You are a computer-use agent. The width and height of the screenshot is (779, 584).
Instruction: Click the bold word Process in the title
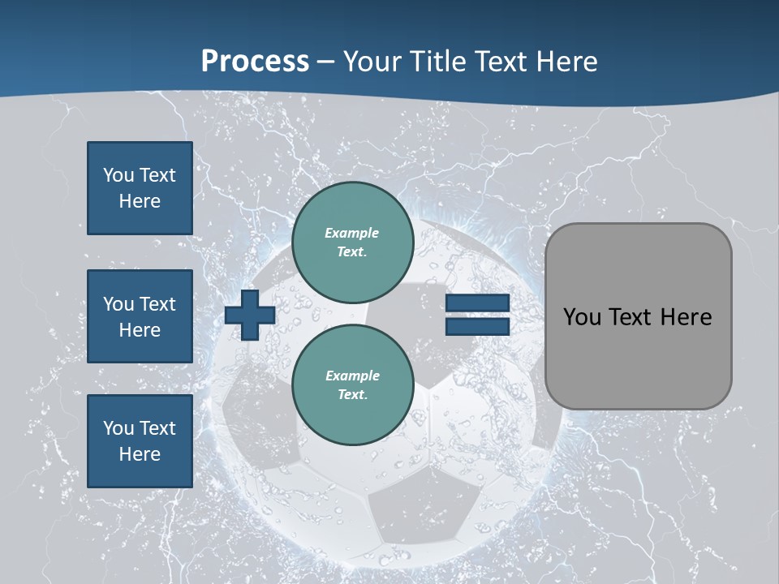pyautogui.click(x=255, y=62)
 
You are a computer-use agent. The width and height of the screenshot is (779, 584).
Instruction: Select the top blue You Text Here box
pyautogui.click(x=140, y=188)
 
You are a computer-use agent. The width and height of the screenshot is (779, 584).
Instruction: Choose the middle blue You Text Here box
pyautogui.click(x=140, y=316)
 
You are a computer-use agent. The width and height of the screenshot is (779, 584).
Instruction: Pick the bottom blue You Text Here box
pyautogui.click(x=140, y=440)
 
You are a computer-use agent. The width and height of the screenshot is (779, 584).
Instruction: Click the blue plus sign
pyautogui.click(x=250, y=315)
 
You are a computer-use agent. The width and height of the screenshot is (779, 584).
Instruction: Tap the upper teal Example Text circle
pyautogui.click(x=352, y=242)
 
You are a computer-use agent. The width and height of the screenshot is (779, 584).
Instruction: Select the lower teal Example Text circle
pyautogui.click(x=352, y=384)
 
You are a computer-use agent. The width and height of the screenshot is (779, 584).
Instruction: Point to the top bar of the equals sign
pyautogui.click(x=477, y=303)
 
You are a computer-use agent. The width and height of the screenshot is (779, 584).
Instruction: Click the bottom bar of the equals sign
pyautogui.click(x=477, y=326)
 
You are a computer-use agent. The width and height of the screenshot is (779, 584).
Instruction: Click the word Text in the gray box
pyautogui.click(x=633, y=317)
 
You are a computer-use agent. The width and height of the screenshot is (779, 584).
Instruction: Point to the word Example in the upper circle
pyautogui.click(x=352, y=233)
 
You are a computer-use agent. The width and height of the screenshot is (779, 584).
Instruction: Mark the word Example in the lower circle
pyautogui.click(x=352, y=376)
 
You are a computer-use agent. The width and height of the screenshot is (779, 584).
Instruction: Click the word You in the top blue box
pyautogui.click(x=118, y=175)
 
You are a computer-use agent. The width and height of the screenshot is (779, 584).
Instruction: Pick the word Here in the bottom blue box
pyautogui.click(x=140, y=454)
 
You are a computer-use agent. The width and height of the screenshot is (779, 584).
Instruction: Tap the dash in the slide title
pyautogui.click(x=325, y=62)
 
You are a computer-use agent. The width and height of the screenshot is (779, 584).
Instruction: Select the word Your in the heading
pyautogui.click(x=369, y=62)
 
